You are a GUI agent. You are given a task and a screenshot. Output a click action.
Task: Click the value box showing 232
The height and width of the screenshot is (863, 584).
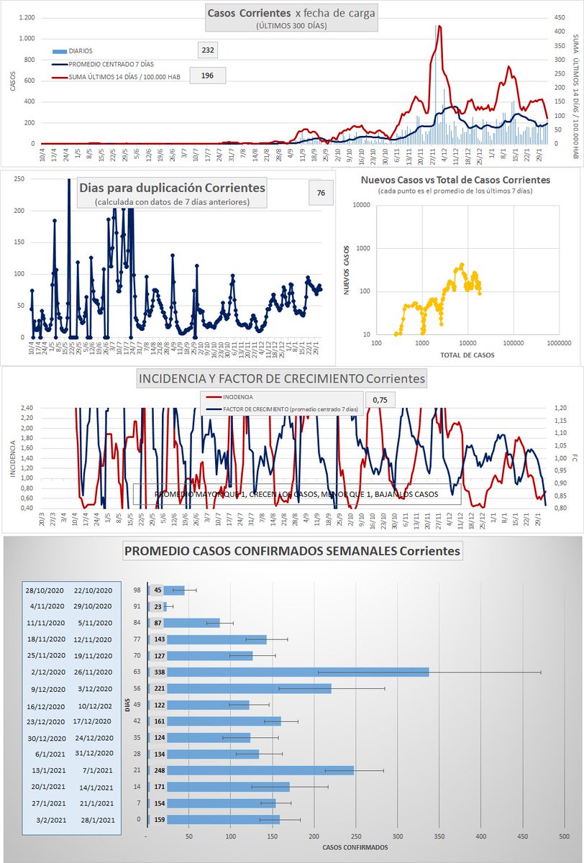pos(208,50)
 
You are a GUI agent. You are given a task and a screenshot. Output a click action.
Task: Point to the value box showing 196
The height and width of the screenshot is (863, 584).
pos(208,76)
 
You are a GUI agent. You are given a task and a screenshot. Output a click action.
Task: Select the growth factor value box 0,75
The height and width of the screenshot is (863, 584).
pos(380,400)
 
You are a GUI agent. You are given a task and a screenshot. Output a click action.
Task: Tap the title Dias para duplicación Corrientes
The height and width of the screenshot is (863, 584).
pos(172,188)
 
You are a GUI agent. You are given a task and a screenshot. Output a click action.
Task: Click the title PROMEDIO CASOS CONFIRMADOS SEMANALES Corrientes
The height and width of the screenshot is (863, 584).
pos(293,552)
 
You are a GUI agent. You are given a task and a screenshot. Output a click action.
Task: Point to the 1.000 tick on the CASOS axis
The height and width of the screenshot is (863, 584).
pos(27,39)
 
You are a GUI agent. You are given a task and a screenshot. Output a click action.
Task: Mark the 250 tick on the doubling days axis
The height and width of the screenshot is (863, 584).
pos(19,179)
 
